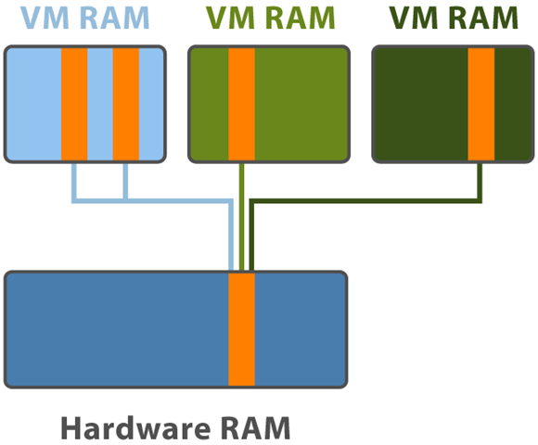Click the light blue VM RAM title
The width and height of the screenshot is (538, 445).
(84, 18)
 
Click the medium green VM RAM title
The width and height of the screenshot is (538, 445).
(270, 18)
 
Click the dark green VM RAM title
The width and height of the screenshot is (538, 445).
(454, 18)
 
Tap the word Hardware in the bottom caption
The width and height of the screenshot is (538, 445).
(135, 427)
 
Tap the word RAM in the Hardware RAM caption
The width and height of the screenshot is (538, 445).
(255, 427)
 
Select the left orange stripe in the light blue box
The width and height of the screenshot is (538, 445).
(74, 104)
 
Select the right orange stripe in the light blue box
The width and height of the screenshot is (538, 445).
(126, 104)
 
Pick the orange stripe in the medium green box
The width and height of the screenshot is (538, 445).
(241, 104)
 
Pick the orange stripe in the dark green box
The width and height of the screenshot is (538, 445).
(481, 104)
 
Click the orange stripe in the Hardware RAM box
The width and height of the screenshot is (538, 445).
(241, 329)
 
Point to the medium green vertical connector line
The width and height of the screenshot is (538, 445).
(241, 217)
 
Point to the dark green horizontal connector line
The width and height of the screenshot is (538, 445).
(365, 201)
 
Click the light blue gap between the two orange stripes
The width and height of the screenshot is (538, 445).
(100, 104)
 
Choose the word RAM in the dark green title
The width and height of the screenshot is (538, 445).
(483, 18)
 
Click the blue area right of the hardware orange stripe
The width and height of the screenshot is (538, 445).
(301, 329)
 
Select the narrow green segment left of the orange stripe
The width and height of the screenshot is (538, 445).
(210, 104)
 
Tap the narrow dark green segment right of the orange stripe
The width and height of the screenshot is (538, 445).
(513, 104)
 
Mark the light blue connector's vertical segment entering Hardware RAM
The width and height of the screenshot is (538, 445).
(231, 236)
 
